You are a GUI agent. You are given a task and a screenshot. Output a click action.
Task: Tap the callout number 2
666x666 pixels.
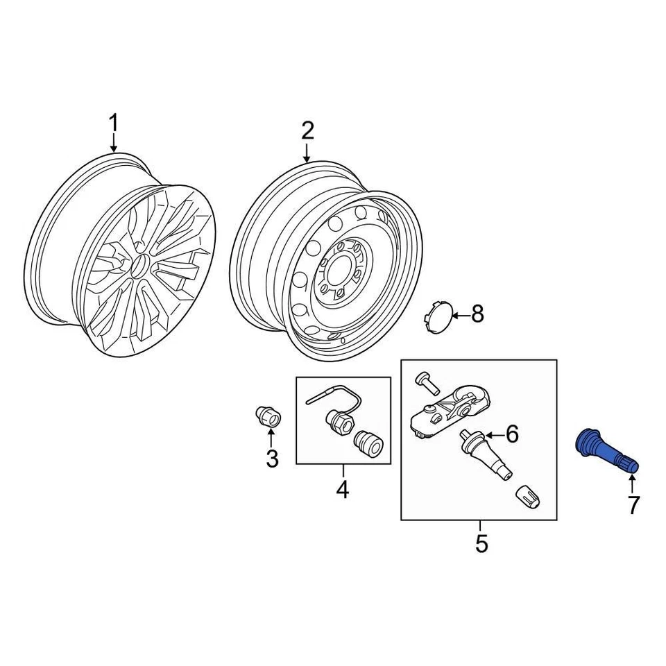tap(307, 130)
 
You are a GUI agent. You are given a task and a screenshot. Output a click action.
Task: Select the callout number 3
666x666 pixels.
tap(271, 458)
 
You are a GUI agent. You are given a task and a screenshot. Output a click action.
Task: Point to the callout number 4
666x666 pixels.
tap(343, 490)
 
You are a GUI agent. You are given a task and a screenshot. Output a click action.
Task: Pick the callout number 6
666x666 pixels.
tap(512, 434)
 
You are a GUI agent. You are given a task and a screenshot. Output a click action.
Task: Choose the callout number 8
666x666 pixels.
tap(477, 314)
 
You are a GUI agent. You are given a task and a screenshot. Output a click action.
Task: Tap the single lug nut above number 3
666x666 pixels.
tap(266, 416)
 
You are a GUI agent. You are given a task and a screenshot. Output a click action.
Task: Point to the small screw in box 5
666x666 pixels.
tap(424, 380)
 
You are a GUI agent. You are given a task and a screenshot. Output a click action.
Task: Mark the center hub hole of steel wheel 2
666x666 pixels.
tap(340, 273)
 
